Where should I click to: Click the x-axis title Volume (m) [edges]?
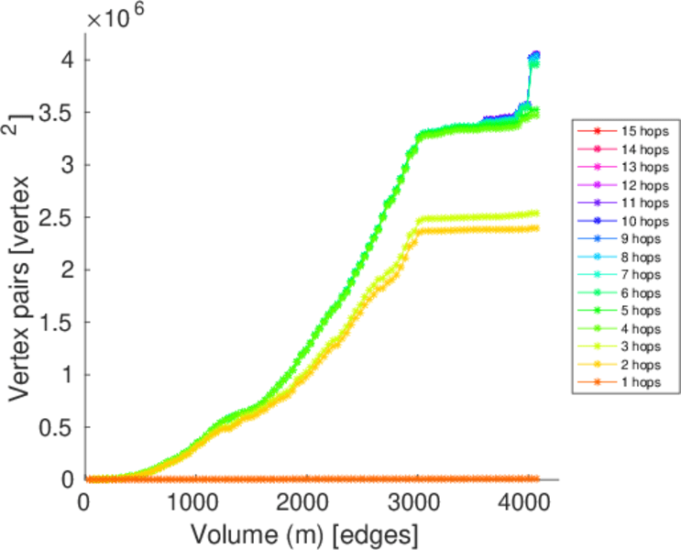(304, 532)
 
